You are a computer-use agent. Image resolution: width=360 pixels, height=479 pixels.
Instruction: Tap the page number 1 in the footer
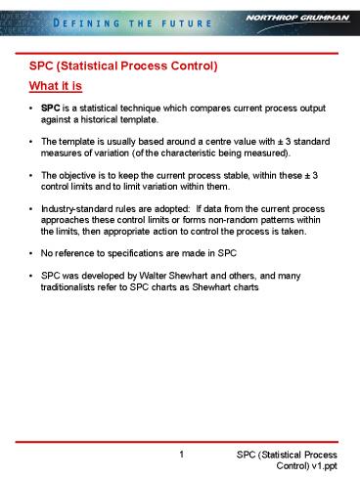pyautogui.click(x=183, y=456)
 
